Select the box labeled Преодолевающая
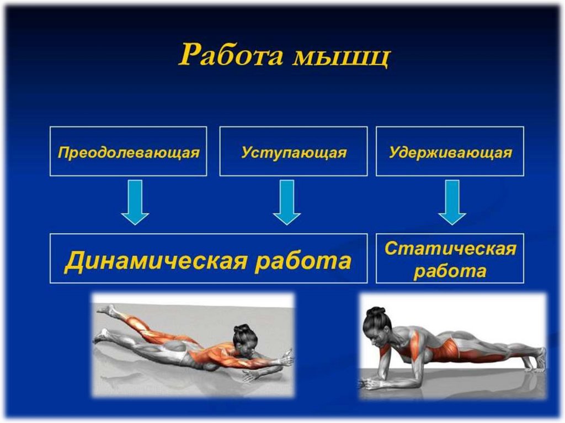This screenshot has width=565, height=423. [128, 152]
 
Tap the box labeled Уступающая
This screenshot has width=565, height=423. [293, 152]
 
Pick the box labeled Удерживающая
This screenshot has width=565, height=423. [450, 152]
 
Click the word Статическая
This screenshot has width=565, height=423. [450, 248]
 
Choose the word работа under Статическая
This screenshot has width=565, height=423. [450, 271]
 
